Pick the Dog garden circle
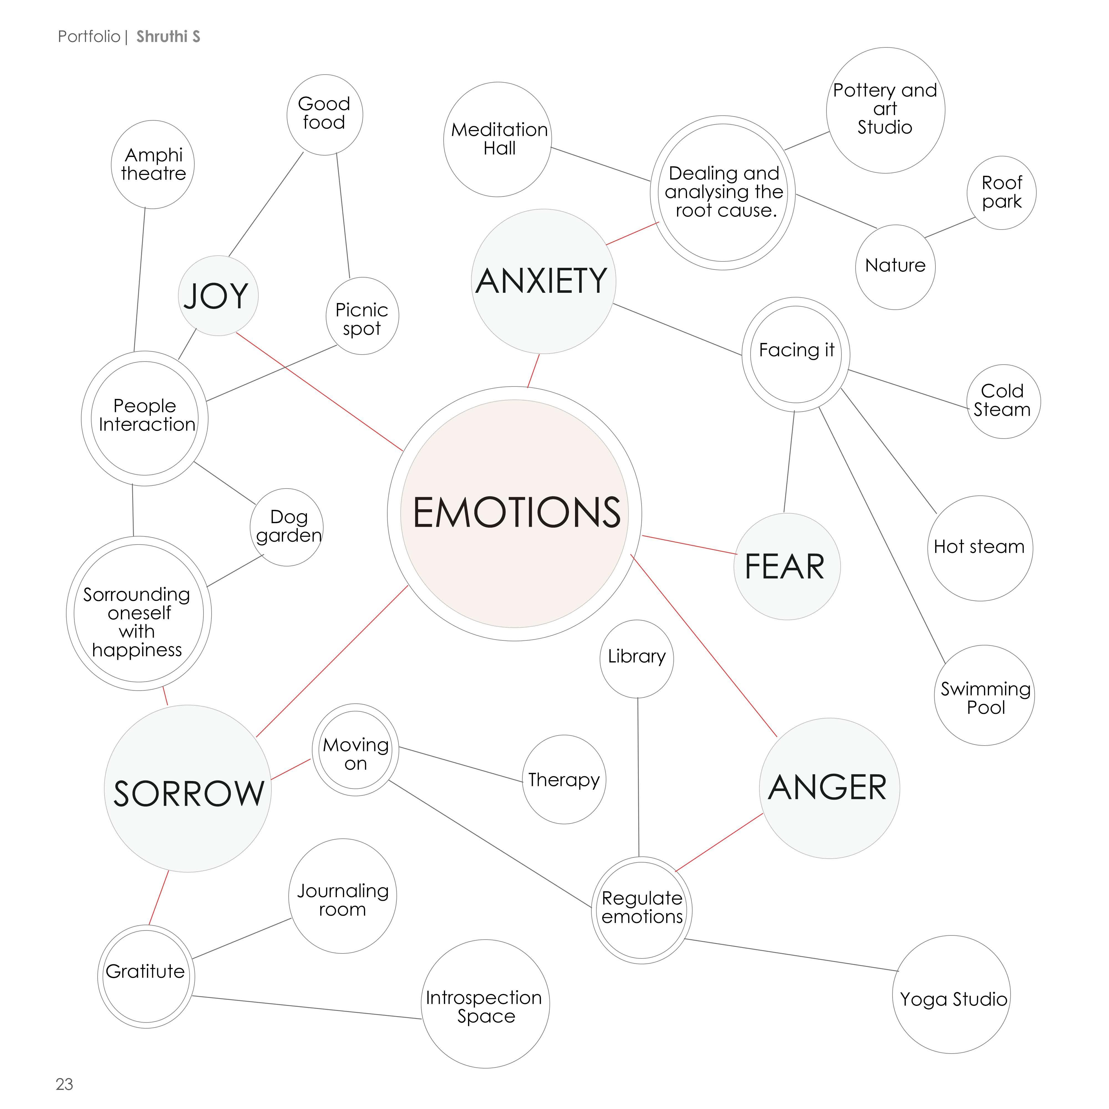coord(287,527)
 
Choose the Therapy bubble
coord(564,780)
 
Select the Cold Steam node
coord(1003,401)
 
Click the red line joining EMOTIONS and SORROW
coord(332,661)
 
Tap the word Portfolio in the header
coord(89,37)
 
